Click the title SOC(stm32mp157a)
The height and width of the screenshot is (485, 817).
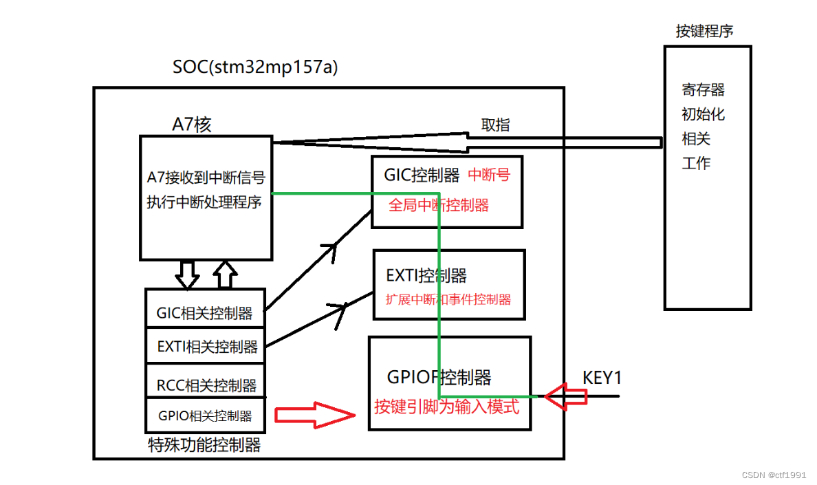click(x=255, y=67)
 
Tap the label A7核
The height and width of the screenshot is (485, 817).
click(x=192, y=125)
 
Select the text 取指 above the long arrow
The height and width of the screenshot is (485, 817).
click(x=495, y=125)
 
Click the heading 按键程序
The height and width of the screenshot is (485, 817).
click(x=704, y=31)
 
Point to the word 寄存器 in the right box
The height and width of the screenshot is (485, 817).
click(x=704, y=89)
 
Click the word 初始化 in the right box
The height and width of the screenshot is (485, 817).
click(x=704, y=114)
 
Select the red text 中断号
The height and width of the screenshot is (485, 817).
click(x=489, y=175)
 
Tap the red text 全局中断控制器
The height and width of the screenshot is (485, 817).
click(x=439, y=205)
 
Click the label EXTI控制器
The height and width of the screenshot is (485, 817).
click(x=426, y=276)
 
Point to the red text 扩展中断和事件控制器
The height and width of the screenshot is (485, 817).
click(x=449, y=299)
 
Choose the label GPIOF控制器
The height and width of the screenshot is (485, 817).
click(x=439, y=377)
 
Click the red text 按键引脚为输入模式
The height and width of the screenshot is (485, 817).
click(x=446, y=407)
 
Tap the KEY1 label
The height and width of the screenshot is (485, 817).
click(x=602, y=378)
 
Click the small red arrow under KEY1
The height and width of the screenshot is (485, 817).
click(x=566, y=397)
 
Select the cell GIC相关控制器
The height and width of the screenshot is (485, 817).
click(x=205, y=314)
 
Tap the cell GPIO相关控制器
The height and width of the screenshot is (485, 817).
click(x=205, y=416)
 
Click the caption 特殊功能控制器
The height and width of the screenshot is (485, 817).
click(x=204, y=445)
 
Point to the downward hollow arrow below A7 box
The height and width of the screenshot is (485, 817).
click(x=187, y=274)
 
